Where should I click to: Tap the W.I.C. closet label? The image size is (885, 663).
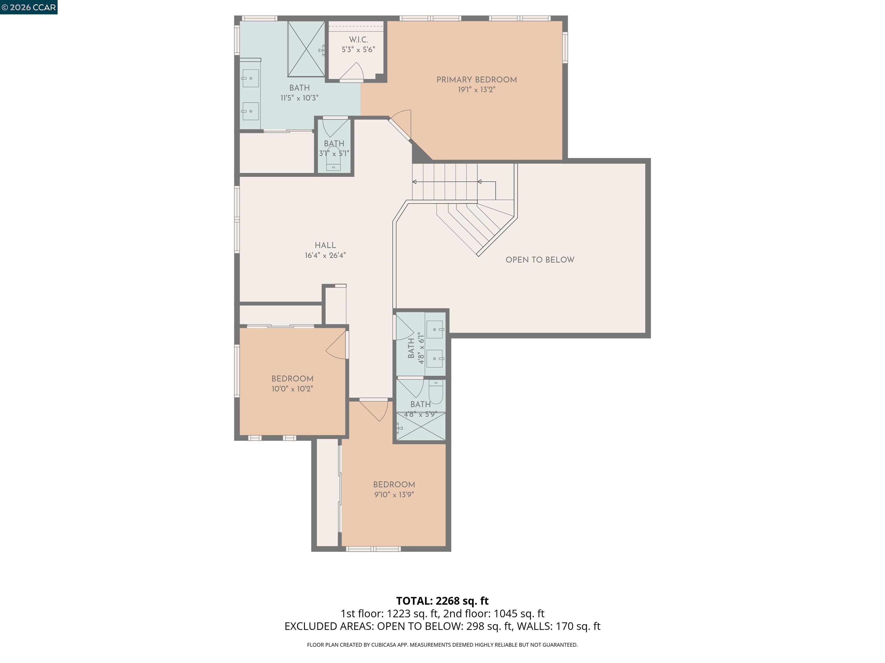click(358, 39)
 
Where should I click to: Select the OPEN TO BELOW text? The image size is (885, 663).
click(540, 260)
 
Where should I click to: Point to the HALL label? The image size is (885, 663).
click(325, 245)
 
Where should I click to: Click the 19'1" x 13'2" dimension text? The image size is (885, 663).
click(476, 90)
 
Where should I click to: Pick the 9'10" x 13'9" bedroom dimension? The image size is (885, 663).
click(394, 495)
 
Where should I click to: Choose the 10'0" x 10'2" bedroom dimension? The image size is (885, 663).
click(292, 389)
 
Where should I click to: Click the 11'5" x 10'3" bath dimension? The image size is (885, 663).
click(299, 98)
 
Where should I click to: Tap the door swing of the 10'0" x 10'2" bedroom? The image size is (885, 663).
click(336, 345)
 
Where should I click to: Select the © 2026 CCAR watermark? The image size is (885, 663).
click(29, 7)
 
